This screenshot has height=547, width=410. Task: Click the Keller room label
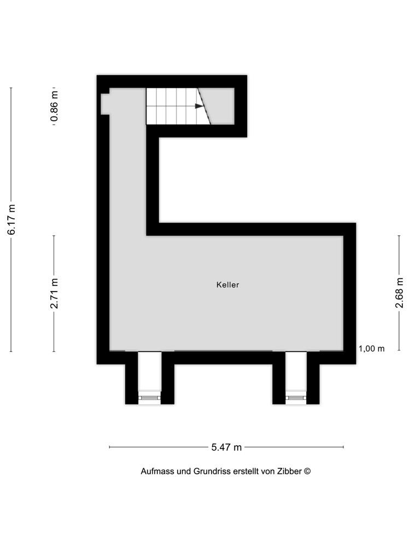(x=227, y=285)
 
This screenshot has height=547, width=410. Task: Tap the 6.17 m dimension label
(x=11, y=219)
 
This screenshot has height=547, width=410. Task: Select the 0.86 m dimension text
(x=54, y=107)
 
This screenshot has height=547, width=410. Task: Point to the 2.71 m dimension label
(x=54, y=293)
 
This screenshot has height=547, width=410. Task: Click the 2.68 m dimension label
(x=399, y=293)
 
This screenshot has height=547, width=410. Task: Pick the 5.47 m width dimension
(x=226, y=447)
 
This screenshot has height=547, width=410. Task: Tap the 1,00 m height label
(x=372, y=348)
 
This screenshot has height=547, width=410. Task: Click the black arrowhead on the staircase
(x=199, y=106)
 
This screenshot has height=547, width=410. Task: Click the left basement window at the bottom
(x=149, y=398)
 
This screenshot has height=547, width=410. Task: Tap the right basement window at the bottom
(x=296, y=398)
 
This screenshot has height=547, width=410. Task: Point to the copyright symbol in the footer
(x=307, y=471)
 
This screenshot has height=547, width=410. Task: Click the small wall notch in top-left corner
(x=105, y=104)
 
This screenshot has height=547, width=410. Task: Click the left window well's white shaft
(x=149, y=372)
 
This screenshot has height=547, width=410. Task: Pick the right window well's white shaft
(x=296, y=372)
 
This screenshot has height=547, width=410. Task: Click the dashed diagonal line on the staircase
(x=204, y=106)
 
